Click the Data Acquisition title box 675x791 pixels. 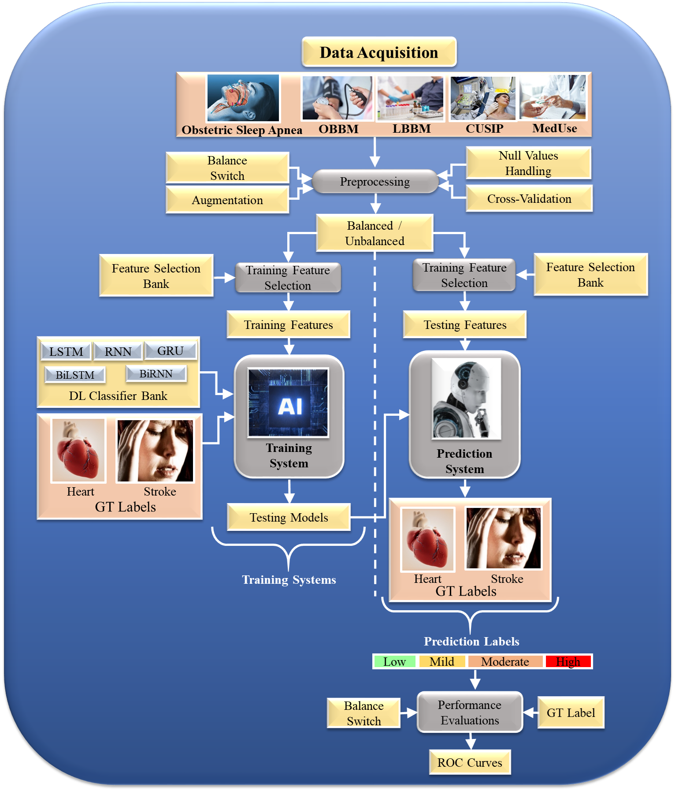pyautogui.click(x=379, y=52)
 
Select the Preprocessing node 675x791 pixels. pyautogui.click(x=375, y=181)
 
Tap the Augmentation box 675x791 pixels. pyautogui.click(x=227, y=200)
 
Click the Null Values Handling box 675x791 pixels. pyautogui.click(x=528, y=163)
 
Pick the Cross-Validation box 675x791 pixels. pyautogui.click(x=529, y=199)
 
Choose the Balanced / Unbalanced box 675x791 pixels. pyautogui.click(x=375, y=233)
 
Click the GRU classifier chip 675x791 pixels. pyautogui.click(x=171, y=351)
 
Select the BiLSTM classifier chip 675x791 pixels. pyautogui.click(x=75, y=375)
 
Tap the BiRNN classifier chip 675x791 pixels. pyautogui.click(x=156, y=374)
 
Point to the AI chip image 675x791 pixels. pyautogui.click(x=289, y=403)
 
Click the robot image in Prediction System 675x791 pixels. pyautogui.click(x=466, y=399)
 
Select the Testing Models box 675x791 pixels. pyautogui.click(x=289, y=517)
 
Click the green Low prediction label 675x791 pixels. pyautogui.click(x=394, y=661)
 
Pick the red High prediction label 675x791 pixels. pyautogui.click(x=568, y=661)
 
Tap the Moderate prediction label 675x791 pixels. pyautogui.click(x=505, y=661)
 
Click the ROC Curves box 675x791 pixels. pyautogui.click(x=470, y=762)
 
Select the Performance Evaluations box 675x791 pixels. pyautogui.click(x=470, y=713)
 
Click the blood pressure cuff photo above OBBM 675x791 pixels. pyautogui.click(x=337, y=98)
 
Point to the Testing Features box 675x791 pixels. pyautogui.click(x=465, y=325)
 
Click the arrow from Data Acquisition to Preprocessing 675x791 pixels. pyautogui.click(x=375, y=152)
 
